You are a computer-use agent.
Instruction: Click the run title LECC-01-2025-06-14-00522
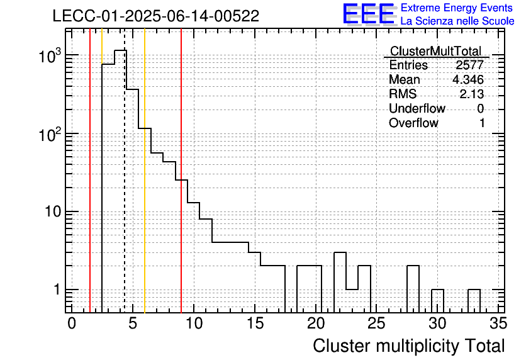pos(156,16)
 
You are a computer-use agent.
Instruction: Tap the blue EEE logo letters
pos(369,14)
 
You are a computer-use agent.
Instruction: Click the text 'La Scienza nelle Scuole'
pos(457,21)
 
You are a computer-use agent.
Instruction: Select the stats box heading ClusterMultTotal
pos(436,51)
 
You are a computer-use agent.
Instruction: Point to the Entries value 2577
pos(469,65)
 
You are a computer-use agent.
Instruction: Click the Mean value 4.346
pos(468,79)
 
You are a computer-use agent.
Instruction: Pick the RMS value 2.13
pos(472,94)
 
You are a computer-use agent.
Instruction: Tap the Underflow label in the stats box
pos(417,108)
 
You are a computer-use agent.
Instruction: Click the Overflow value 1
pos(482,123)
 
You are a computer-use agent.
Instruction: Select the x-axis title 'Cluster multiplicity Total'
pos(408,346)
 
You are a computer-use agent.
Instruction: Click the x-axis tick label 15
pos(255,323)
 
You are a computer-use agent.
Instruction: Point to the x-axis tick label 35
pos(498,323)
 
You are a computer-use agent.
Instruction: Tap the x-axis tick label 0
pos(72,323)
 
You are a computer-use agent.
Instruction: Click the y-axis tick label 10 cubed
pos(50,55)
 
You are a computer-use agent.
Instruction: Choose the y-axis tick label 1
pos(57,290)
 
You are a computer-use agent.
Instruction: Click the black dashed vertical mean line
pos(125,171)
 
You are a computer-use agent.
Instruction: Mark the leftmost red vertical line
pos(90,171)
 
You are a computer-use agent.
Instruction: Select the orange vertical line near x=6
pos(145,171)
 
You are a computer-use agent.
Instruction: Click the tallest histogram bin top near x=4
pos(120,50)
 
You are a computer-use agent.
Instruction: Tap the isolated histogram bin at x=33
pos(474,290)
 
